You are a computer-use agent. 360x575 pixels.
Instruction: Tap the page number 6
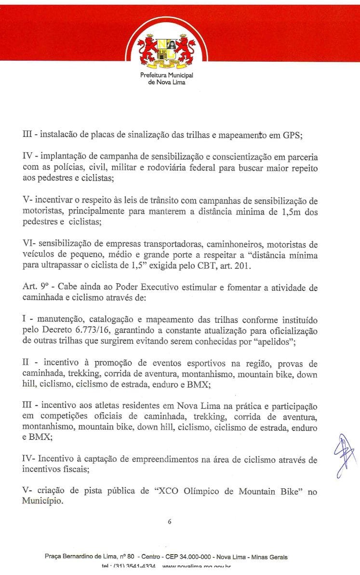tap(170, 521)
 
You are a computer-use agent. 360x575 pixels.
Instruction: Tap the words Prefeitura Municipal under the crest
tap(166, 76)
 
